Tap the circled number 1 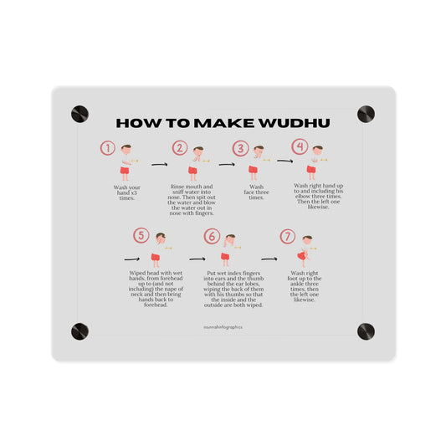tap(107, 148)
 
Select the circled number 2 tap(180, 148)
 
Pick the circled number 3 tap(241, 149)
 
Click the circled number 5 tap(141, 236)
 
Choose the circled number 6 tap(213, 237)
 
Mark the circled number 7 tap(288, 236)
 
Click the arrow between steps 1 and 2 tap(159, 165)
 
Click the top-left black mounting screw tap(79, 114)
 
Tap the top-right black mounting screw tap(366, 114)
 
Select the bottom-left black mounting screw tap(79, 331)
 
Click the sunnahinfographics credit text tap(223, 327)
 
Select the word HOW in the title tap(136, 123)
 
